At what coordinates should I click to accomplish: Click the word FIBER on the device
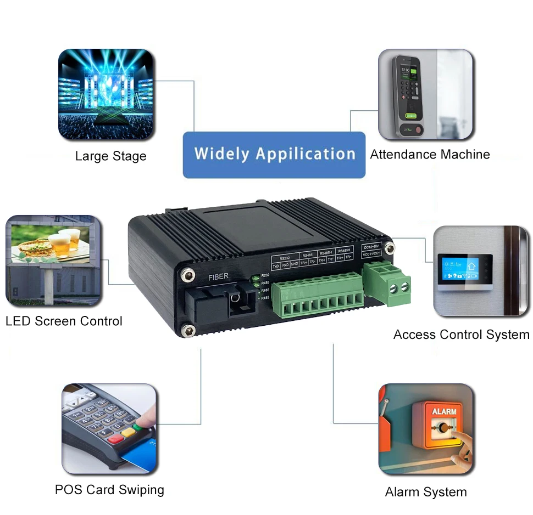click(218, 276)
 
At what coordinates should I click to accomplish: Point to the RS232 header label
click(284, 257)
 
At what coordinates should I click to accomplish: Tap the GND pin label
click(294, 265)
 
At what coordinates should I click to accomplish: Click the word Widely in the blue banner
click(221, 154)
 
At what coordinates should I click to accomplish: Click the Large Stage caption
click(111, 156)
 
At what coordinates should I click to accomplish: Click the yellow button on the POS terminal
click(129, 433)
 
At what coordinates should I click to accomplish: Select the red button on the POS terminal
click(116, 439)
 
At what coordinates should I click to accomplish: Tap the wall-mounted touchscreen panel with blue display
click(460, 271)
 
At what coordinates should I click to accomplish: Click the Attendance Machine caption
click(430, 155)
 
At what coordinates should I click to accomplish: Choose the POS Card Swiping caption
click(109, 490)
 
